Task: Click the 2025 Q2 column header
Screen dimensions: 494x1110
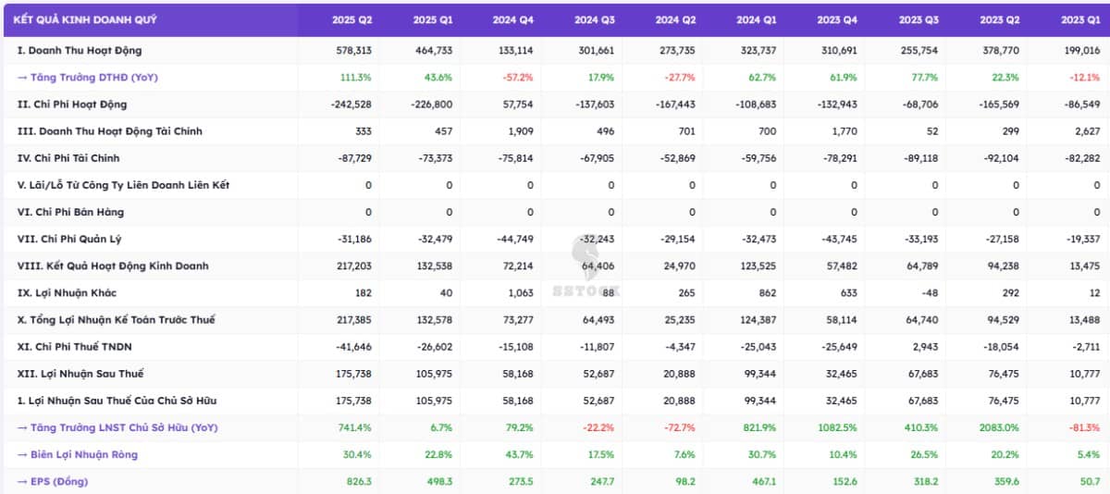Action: coord(352,19)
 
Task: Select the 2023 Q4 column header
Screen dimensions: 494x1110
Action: coord(838,19)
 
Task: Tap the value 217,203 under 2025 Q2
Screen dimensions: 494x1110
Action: coord(352,266)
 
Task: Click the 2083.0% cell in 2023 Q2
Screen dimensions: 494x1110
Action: coord(999,427)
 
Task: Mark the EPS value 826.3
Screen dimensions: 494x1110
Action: coord(357,481)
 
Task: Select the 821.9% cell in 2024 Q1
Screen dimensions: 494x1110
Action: coord(758,427)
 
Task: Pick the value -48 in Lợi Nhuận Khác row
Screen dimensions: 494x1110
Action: coord(928,293)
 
